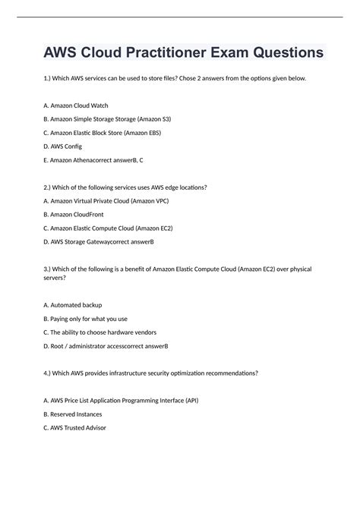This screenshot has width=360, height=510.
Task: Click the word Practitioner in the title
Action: click(166, 53)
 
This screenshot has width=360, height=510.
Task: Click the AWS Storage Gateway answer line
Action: click(99, 241)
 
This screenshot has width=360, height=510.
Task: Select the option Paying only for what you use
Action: click(86, 319)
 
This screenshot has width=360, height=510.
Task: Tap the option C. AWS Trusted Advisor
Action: click(75, 427)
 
